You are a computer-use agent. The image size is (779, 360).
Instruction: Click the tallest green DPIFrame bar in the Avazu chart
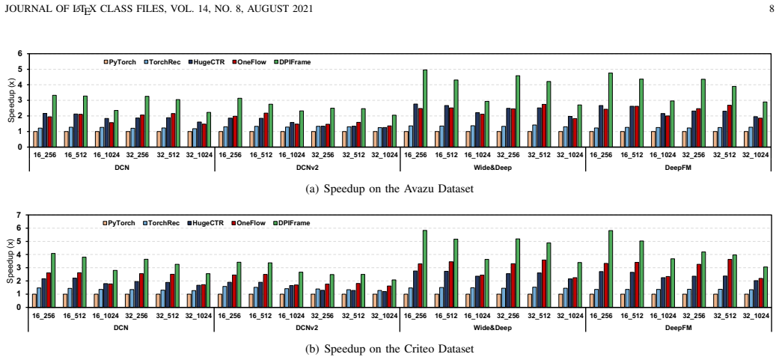pos(425,109)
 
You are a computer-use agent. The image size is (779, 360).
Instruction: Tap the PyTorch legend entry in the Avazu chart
pos(120,62)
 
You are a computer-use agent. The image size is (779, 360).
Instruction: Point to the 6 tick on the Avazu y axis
pos(20,54)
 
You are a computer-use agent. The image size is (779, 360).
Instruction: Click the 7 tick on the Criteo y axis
pos(20,215)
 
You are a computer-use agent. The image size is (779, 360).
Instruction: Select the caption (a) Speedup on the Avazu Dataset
pos(388,189)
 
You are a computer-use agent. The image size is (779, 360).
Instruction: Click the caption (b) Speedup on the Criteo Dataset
pos(388,349)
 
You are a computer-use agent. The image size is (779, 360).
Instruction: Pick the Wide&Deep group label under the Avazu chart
pos(492,168)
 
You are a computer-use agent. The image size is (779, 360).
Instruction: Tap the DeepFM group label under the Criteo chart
pos(678,329)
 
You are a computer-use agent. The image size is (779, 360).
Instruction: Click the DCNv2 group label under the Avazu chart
pos(307,168)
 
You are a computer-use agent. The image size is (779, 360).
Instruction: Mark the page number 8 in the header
pos(771,8)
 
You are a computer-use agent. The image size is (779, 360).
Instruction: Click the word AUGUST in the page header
pos(275,8)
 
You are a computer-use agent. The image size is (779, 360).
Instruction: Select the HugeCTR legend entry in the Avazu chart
pos(207,62)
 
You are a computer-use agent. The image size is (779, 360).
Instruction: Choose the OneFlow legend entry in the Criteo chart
pos(248,223)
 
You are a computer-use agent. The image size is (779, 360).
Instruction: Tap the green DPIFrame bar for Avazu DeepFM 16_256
pos(611,110)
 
